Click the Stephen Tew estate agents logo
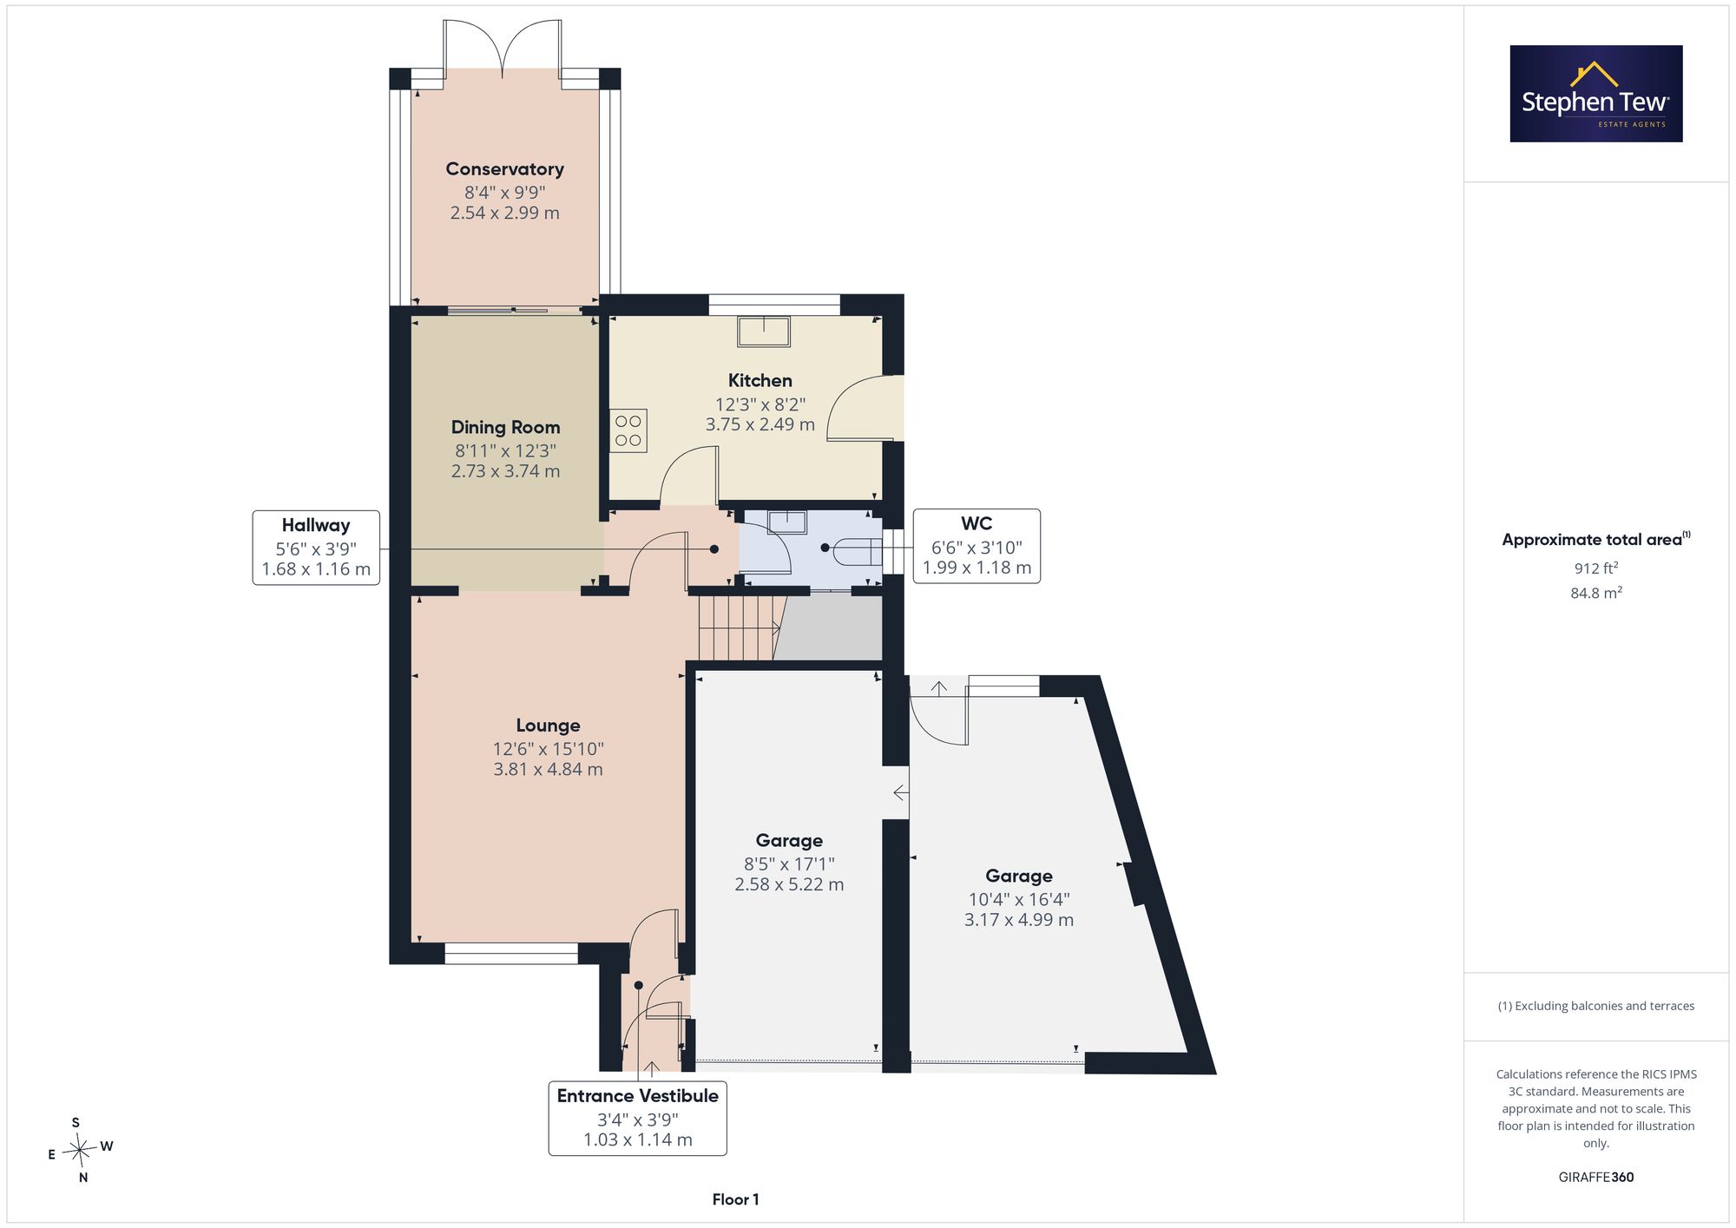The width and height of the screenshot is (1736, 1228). (x=1596, y=94)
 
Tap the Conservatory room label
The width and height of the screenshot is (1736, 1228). (x=504, y=169)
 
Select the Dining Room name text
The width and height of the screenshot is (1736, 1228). (x=505, y=427)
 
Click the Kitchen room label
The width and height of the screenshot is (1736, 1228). (x=759, y=380)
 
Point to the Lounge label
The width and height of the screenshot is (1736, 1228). (x=548, y=726)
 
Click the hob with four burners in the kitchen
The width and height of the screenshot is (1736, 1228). (x=628, y=430)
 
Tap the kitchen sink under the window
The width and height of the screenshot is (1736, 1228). (x=764, y=332)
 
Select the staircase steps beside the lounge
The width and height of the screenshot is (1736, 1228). (x=739, y=627)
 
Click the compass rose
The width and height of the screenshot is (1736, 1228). (x=80, y=1151)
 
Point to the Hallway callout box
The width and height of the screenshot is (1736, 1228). (x=316, y=548)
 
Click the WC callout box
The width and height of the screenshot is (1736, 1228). (x=976, y=546)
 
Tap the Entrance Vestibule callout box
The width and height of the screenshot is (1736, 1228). (x=637, y=1118)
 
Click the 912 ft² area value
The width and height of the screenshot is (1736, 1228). (x=1596, y=568)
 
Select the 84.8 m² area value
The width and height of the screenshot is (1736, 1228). (x=1596, y=593)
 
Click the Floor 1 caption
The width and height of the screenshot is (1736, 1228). (x=735, y=1199)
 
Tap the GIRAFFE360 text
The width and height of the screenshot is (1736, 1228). (x=1596, y=1177)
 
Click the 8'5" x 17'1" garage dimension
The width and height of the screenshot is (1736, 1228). (x=789, y=864)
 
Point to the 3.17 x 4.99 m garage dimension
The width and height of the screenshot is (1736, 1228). (x=1019, y=920)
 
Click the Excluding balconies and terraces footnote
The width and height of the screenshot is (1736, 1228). (x=1596, y=1006)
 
